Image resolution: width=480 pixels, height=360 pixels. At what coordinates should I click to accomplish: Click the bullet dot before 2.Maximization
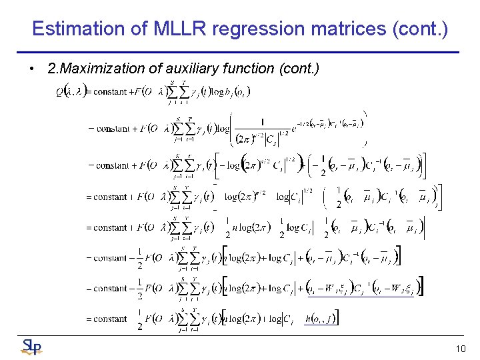click(32, 69)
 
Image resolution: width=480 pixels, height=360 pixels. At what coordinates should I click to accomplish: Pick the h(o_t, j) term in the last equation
click(322, 319)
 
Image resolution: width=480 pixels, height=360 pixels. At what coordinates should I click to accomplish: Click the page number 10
click(460, 349)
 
